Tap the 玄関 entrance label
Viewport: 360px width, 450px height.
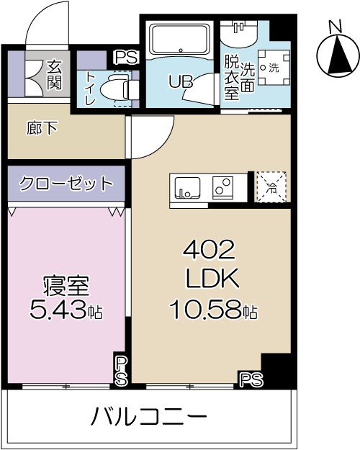tap(55, 73)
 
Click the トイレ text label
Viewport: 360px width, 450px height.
tap(90, 89)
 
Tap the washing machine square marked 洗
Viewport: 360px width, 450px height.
tap(272, 68)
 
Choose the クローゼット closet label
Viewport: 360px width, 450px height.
tap(66, 183)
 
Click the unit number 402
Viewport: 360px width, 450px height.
tap(209, 251)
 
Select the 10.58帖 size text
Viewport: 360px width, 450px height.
tap(213, 311)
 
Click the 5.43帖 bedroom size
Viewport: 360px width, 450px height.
tap(66, 311)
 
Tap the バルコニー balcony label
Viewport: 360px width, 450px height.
tap(150, 417)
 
